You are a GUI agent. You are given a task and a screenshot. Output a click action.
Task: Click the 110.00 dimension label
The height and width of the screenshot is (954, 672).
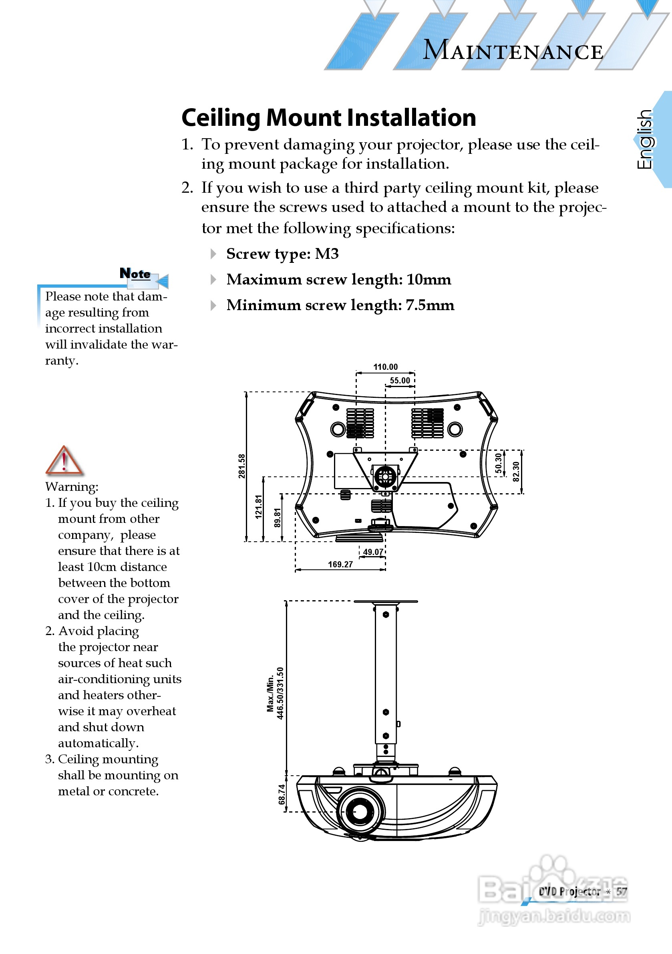pos(385,367)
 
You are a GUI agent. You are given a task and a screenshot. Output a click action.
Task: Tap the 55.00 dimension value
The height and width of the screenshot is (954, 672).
pos(400,381)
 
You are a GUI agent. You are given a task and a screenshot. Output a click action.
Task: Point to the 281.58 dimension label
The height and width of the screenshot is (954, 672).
pos(242,466)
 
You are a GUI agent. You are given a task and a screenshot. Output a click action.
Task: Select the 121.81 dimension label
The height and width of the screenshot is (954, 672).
pos(258,507)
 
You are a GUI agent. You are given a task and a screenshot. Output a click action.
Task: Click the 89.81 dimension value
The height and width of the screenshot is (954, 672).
pos(278,518)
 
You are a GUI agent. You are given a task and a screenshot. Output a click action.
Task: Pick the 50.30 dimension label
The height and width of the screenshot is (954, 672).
pos(498,463)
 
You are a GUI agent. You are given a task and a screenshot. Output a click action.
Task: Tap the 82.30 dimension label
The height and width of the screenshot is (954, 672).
pos(516,472)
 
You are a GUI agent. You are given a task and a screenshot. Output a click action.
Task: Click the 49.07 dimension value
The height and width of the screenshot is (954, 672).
pos(373,552)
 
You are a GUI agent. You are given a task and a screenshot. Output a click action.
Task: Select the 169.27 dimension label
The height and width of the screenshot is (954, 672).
pos(340,564)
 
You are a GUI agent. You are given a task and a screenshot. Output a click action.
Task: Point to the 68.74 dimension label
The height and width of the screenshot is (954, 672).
pos(282,794)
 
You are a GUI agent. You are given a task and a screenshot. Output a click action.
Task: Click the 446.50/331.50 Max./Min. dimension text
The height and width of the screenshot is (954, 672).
pos(276,693)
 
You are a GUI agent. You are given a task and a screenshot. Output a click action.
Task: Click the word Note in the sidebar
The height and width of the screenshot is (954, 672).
pos(135,273)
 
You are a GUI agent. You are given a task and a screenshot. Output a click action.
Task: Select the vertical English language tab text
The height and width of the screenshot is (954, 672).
pos(645,139)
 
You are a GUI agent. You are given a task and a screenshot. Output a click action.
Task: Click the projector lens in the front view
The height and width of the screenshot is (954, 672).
pos(360,810)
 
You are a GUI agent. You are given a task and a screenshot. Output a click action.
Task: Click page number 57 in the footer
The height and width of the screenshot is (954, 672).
pos(621,891)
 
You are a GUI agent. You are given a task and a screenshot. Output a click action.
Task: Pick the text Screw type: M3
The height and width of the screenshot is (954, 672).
pos(282,254)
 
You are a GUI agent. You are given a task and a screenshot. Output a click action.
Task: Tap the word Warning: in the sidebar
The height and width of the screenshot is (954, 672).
pos(72,486)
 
